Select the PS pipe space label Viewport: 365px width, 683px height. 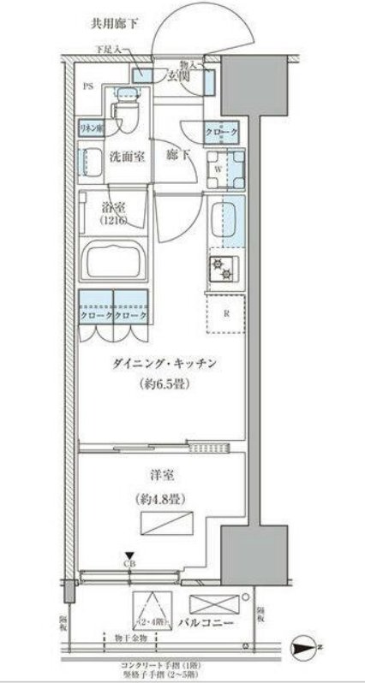coord(88,86)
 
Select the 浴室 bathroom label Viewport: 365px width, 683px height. coord(111,207)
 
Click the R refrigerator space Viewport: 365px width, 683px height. coord(225,313)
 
